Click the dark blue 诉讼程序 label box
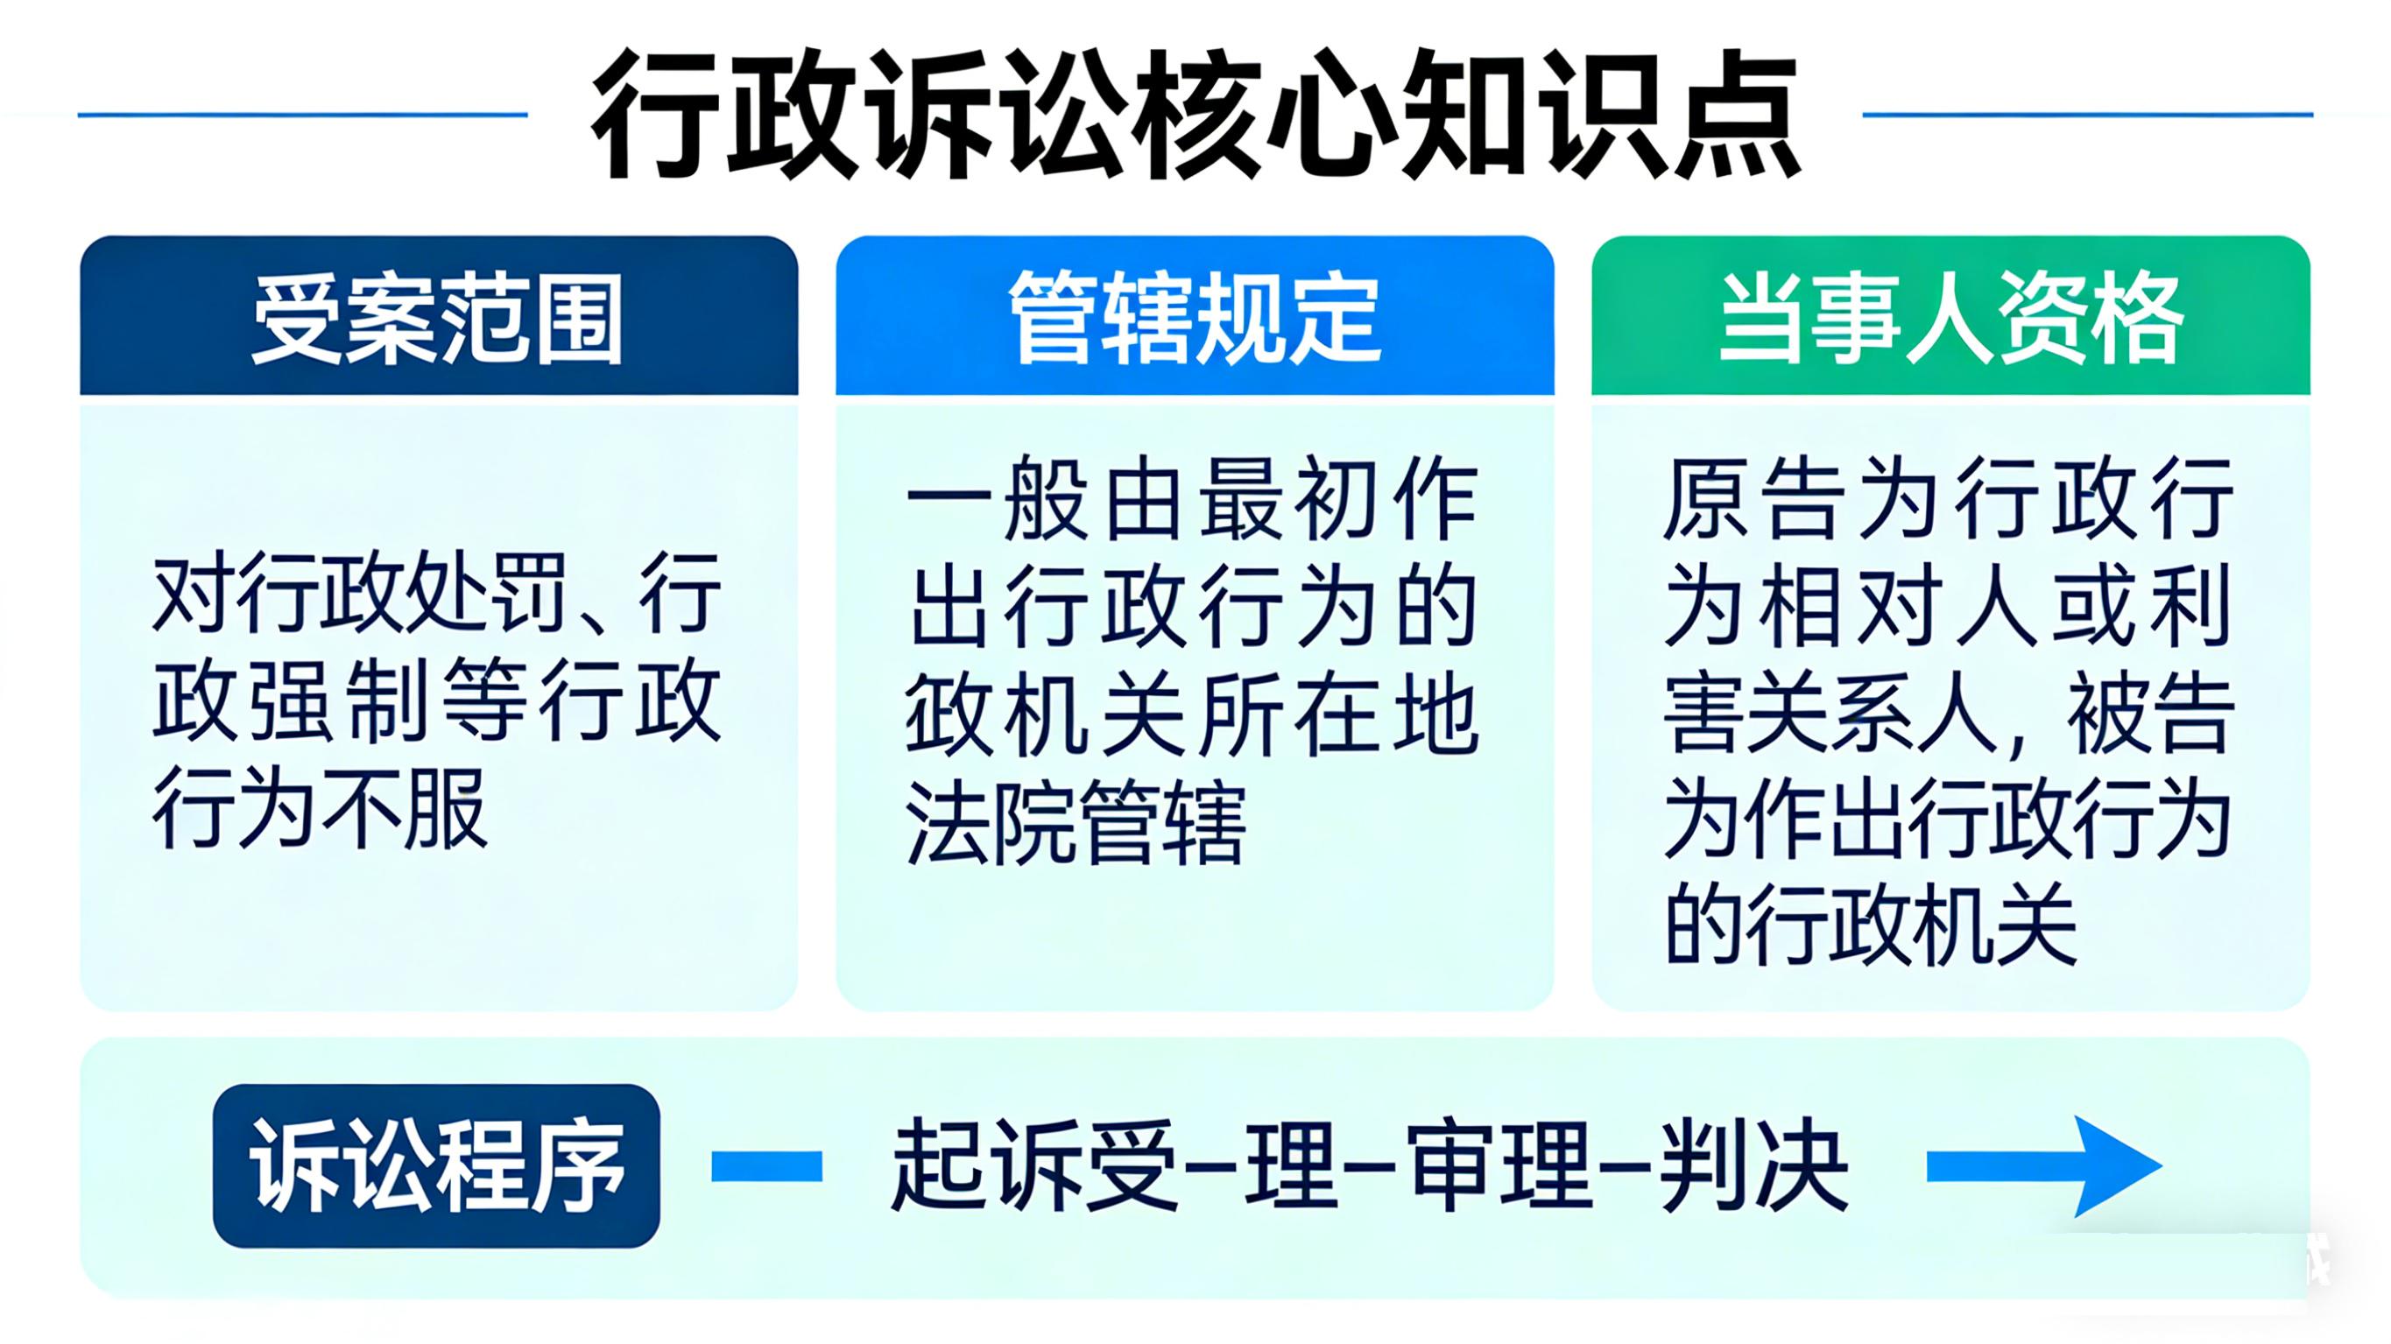436,1165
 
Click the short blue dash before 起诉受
766,1165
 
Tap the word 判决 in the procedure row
1753,1165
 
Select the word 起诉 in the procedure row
985,1165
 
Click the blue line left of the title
302,115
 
